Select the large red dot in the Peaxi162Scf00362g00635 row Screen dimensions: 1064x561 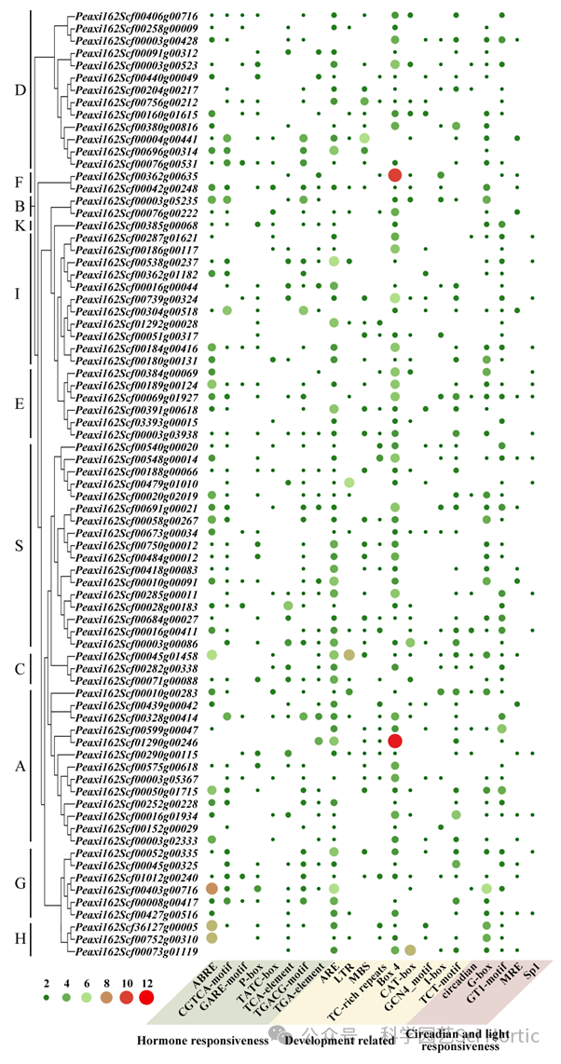[395, 175]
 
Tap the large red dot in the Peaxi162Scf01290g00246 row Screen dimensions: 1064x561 [395, 740]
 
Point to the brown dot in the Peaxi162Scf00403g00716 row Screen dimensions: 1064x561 [212, 889]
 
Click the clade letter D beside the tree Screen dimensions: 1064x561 [20, 89]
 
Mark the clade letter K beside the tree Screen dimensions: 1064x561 [19, 225]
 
